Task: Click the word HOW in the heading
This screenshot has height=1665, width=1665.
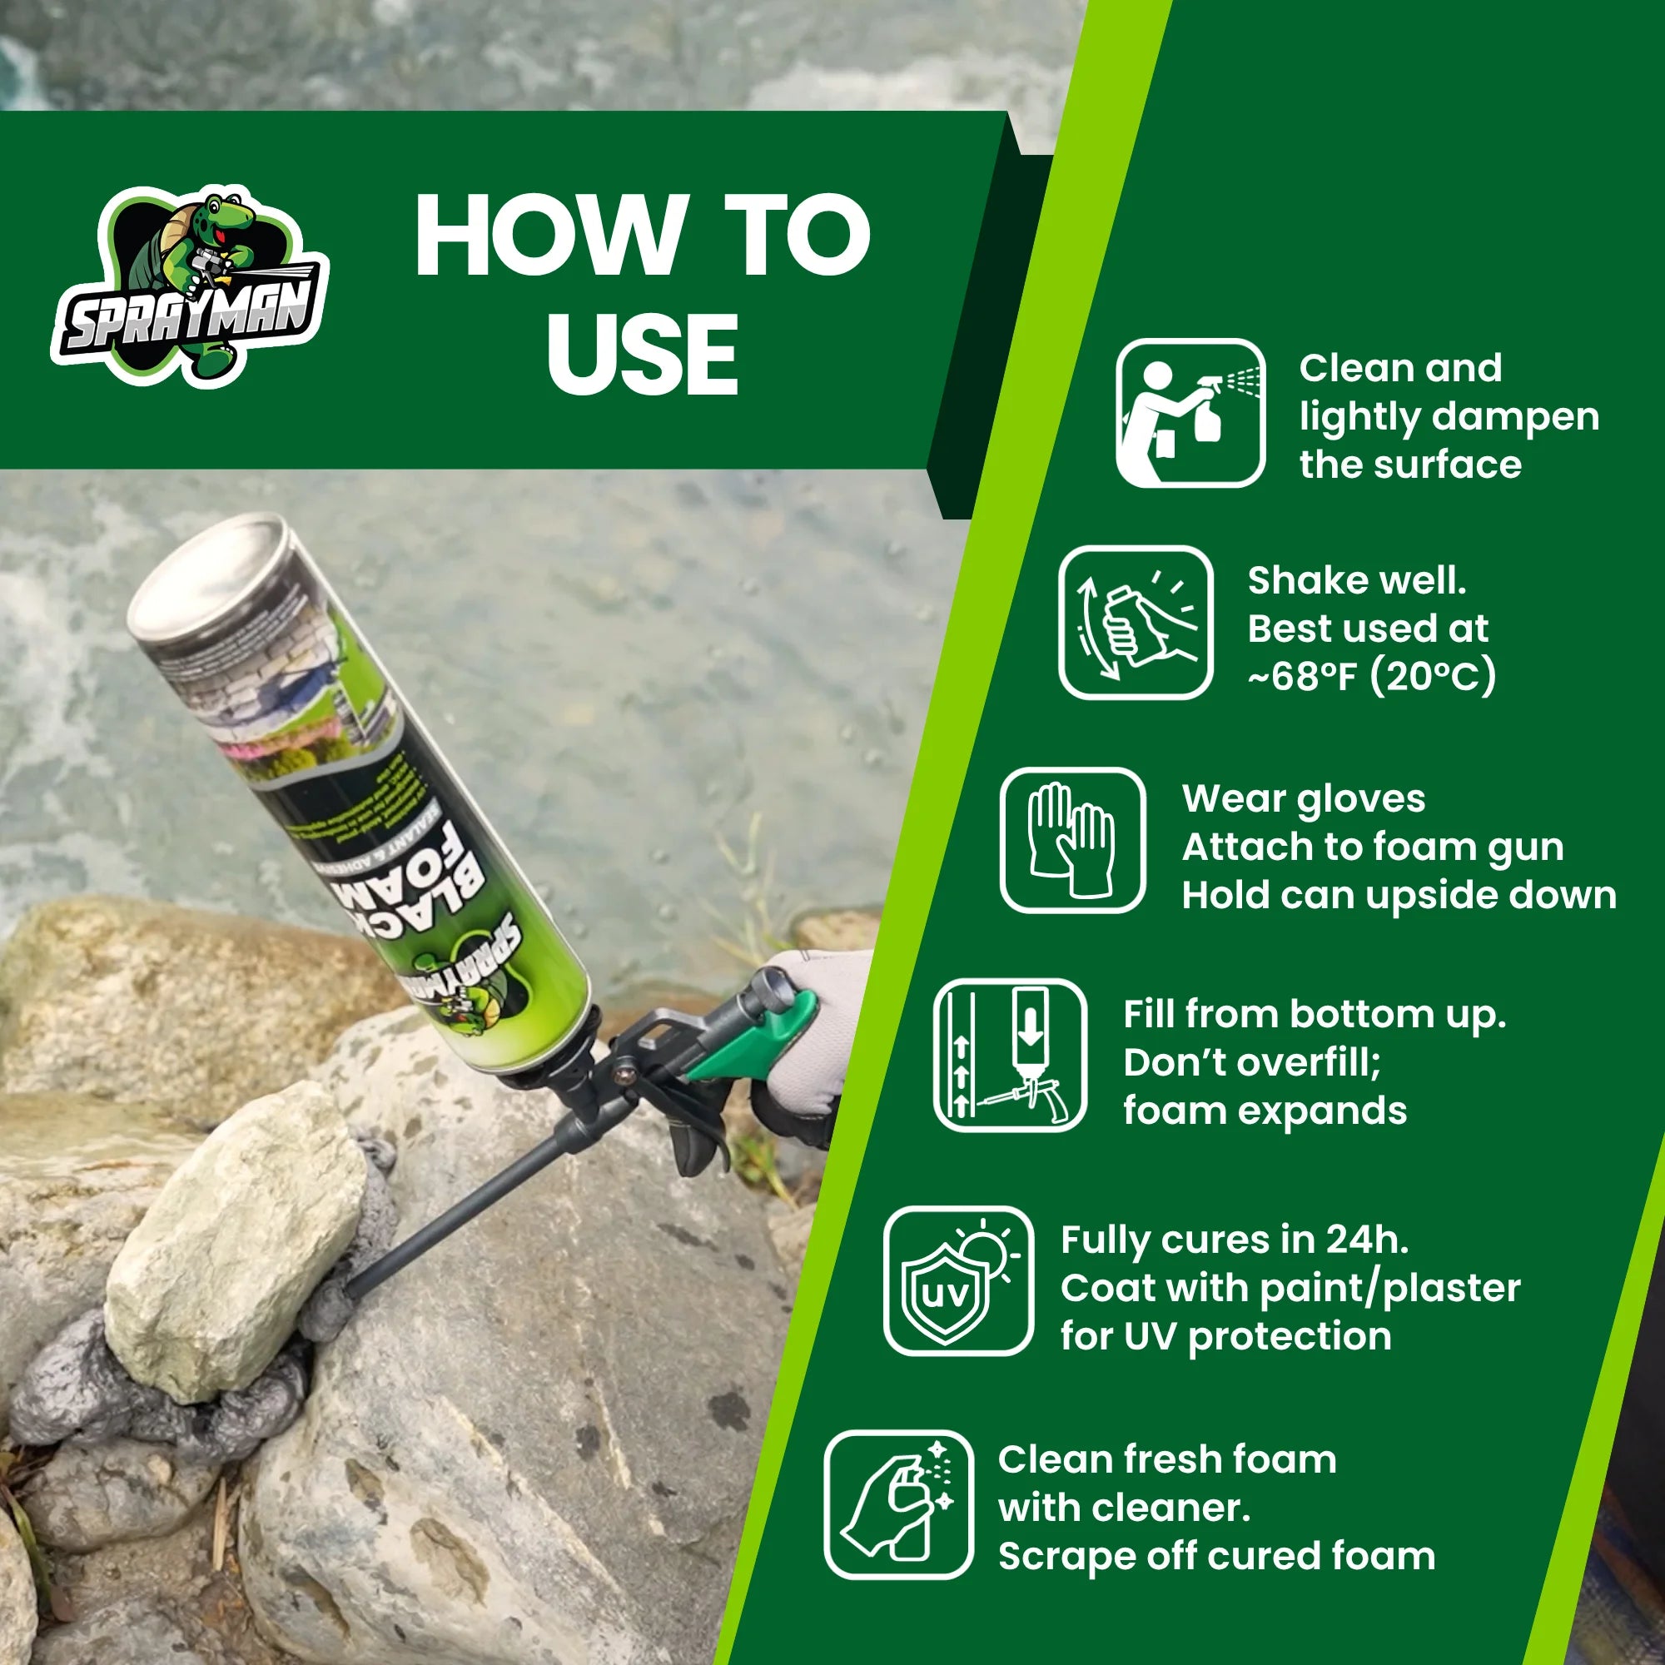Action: coord(552,235)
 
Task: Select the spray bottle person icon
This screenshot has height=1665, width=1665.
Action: coord(1190,413)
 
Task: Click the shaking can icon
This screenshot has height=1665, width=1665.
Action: coord(1135,622)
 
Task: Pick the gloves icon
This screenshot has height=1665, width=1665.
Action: coord(1072,840)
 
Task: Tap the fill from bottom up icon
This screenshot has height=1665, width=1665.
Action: coord(1009,1055)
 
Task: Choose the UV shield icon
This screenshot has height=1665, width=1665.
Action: coord(957,1280)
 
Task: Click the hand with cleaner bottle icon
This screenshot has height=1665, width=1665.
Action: coord(898,1504)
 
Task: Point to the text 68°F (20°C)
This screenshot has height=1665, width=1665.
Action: coord(1372,677)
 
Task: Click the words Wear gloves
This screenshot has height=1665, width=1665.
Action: coord(1303,799)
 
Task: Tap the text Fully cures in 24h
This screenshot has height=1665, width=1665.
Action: coord(1234,1240)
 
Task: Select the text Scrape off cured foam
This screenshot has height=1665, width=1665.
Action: coord(1216,1557)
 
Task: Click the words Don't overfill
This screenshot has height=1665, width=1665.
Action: coord(1251,1062)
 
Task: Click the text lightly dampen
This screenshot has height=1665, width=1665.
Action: coord(1449,417)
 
